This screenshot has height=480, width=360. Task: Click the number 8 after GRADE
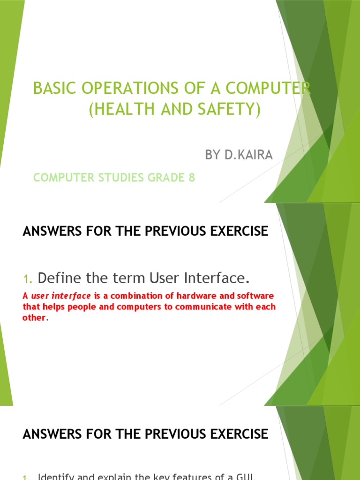click(x=192, y=178)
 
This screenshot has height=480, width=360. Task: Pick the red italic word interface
click(x=73, y=296)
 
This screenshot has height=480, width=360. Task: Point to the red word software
click(x=253, y=296)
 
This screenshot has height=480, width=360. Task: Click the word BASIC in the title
click(x=48, y=89)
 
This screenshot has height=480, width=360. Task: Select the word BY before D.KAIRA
click(x=213, y=155)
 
